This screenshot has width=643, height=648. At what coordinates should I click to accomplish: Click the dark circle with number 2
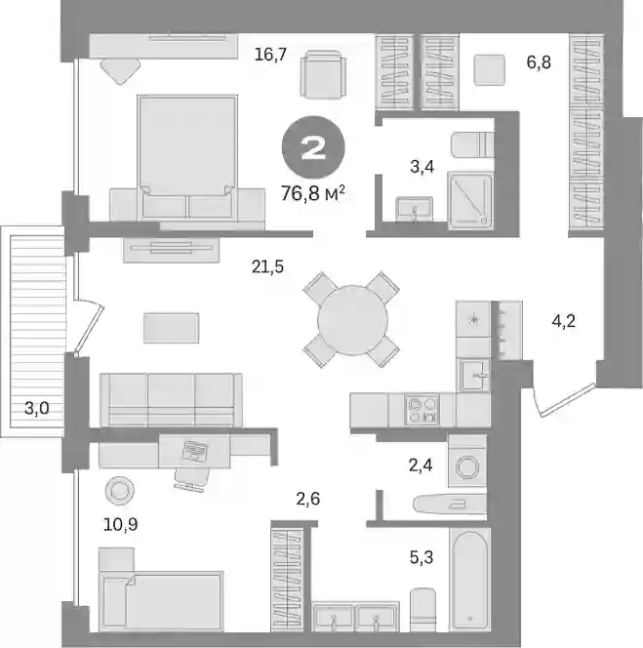click(x=313, y=147)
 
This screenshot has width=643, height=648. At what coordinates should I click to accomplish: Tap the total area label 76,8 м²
click(x=313, y=193)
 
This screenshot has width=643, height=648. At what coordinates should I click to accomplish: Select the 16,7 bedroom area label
click(x=270, y=54)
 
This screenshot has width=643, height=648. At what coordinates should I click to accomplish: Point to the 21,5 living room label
click(x=267, y=267)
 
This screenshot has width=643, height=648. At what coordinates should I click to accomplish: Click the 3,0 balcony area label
click(x=37, y=408)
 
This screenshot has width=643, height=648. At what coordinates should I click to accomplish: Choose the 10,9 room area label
click(x=121, y=524)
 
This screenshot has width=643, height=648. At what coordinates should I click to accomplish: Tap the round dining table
click(x=352, y=320)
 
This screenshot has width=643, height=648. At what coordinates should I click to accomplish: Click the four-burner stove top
click(x=422, y=410)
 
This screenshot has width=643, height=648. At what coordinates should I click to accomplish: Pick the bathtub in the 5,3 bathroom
click(x=470, y=580)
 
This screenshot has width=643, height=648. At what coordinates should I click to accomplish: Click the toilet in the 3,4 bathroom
click(x=472, y=144)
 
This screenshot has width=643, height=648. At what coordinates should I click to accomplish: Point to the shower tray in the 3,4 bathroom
click(x=470, y=201)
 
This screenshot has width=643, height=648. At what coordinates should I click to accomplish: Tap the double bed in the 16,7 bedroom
click(x=187, y=157)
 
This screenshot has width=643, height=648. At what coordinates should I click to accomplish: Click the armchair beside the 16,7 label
click(x=323, y=74)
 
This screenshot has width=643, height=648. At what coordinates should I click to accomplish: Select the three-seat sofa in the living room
click(x=171, y=400)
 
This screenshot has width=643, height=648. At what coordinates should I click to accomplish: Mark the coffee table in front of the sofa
click(x=171, y=328)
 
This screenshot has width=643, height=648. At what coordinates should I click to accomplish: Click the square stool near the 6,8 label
click(x=489, y=70)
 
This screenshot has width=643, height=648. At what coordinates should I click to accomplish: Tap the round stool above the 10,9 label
click(x=119, y=490)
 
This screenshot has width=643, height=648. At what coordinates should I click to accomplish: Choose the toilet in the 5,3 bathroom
click(x=422, y=610)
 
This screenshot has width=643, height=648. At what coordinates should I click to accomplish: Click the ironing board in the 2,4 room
click(x=450, y=503)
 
